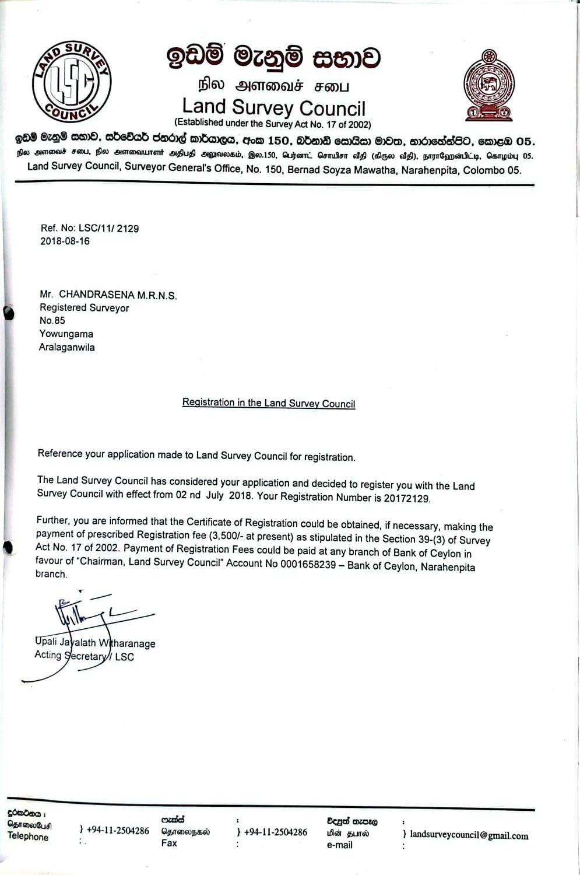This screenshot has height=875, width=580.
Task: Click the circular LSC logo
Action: [71, 82]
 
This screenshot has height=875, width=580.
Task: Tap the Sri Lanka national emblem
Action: [488, 85]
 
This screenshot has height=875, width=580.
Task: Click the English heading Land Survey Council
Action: [273, 107]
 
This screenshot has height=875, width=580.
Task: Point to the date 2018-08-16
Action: [65, 242]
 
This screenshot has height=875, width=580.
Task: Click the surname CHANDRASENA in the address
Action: [97, 295]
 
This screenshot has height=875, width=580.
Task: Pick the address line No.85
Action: [52, 321]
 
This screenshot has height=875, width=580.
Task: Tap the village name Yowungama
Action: [66, 334]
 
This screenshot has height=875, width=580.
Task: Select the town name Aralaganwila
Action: [67, 348]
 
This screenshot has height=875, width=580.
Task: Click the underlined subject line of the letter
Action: [269, 403]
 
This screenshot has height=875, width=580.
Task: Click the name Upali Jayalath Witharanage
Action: [95, 643]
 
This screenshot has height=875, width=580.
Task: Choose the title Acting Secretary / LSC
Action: [85, 656]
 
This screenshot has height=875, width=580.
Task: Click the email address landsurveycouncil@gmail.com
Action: [469, 835]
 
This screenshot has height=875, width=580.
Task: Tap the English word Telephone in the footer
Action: [28, 836]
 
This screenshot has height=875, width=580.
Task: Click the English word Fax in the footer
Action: [169, 843]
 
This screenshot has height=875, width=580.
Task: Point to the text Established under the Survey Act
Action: [273, 124]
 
